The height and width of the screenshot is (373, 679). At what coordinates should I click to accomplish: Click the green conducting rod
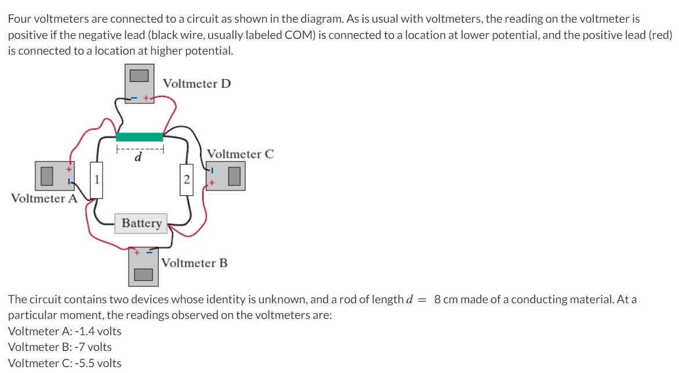139,137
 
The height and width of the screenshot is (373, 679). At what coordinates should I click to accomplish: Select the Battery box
141,223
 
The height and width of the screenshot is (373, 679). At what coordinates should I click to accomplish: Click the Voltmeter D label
197,84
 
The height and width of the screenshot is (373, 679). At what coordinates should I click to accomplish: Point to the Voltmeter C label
240,154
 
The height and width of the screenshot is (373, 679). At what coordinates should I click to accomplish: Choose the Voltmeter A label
44,199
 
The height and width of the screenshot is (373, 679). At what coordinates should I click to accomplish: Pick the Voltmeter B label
194,263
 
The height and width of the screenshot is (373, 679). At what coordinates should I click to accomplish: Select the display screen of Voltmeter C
234,177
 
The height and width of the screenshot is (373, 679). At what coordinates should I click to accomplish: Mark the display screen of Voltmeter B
144,274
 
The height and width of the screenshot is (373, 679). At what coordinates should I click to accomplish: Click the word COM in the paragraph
300,35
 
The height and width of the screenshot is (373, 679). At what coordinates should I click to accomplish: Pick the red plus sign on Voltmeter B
137,253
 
